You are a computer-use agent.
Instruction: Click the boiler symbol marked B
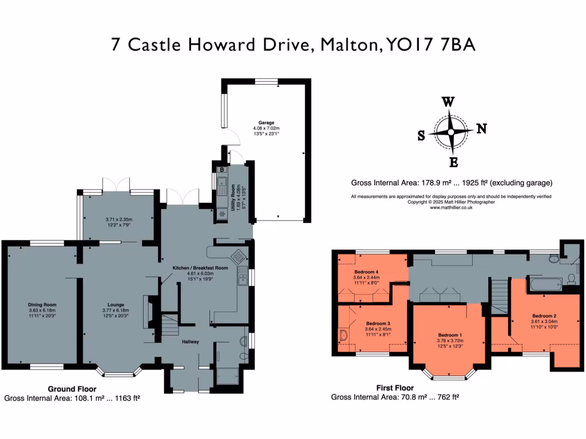pyautogui.click(x=221, y=169)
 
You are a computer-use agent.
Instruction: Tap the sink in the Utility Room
pyautogui.click(x=221, y=185)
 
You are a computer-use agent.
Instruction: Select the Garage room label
pyautogui.click(x=266, y=122)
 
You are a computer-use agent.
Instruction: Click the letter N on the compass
pyautogui.click(x=481, y=129)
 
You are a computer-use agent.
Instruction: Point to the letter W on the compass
pyautogui.click(x=449, y=102)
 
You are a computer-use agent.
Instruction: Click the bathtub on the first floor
pyautogui.click(x=544, y=283)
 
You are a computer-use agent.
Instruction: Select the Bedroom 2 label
pyautogui.click(x=544, y=316)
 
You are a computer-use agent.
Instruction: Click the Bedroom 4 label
pyautogui.click(x=366, y=272)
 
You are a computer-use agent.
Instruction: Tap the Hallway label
pyautogui.click(x=190, y=342)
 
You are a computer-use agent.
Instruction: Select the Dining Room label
pyautogui.click(x=43, y=305)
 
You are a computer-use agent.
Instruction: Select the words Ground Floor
pyautogui.click(x=71, y=388)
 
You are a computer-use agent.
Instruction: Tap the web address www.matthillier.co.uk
pyautogui.click(x=451, y=207)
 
